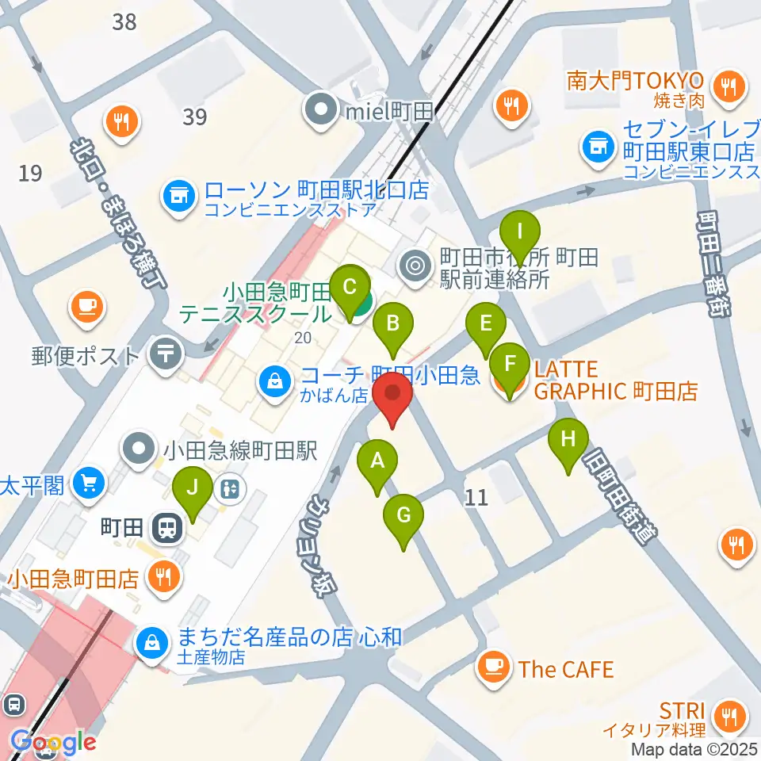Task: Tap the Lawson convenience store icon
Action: pos(178,197)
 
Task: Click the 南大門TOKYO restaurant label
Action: pos(634,81)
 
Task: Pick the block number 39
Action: pos(194,117)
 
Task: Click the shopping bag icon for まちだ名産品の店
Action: pos(151,644)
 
